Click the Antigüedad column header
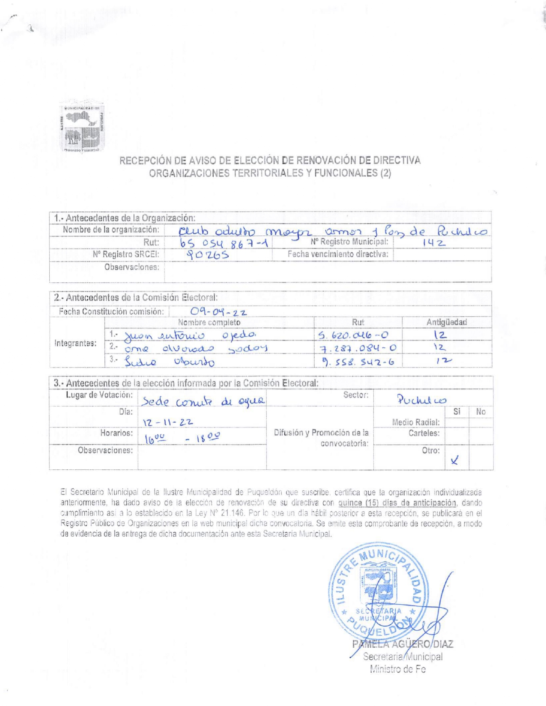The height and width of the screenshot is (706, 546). tap(446, 322)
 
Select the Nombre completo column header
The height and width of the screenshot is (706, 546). tap(209, 322)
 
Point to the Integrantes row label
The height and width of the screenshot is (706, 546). tap(75, 343)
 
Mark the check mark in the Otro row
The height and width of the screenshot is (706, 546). tap(455, 460)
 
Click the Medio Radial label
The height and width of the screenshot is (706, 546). tap(416, 422)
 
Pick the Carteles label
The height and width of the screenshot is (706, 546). tap(424, 433)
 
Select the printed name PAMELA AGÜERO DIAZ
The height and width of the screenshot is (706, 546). tap(403, 644)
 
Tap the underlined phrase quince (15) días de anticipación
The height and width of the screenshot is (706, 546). tap(397, 503)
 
